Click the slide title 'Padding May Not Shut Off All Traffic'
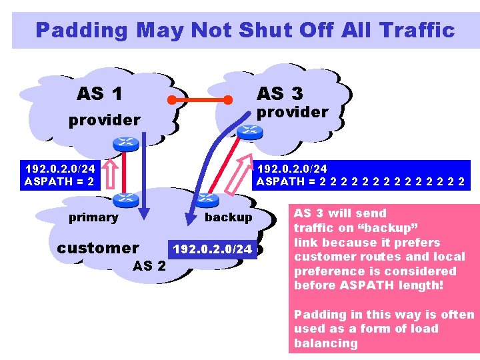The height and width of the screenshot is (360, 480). coord(245,30)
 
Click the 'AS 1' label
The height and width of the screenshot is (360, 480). coord(99,94)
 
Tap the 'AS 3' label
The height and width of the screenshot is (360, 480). coord(279,93)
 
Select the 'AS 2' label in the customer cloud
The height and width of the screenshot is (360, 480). coord(150,266)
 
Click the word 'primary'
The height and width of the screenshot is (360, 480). coord(93,217)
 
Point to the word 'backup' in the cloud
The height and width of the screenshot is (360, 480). coord(228,217)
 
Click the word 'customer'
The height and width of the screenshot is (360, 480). coord(98,248)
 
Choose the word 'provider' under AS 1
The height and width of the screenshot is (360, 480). coord(105,120)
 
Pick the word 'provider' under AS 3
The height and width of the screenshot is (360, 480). coord(293,112)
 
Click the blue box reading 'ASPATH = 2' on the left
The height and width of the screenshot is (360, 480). coord(59,175)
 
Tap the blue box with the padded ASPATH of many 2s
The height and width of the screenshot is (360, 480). coord(361,175)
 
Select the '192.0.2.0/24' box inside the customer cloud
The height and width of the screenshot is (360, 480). coord(213,249)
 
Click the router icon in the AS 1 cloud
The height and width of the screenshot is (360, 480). coord(125,142)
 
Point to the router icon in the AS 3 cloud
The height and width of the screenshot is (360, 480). coord(249,131)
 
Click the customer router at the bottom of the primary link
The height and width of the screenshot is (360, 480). coord(124,198)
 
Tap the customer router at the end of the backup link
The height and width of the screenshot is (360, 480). coord(209,198)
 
